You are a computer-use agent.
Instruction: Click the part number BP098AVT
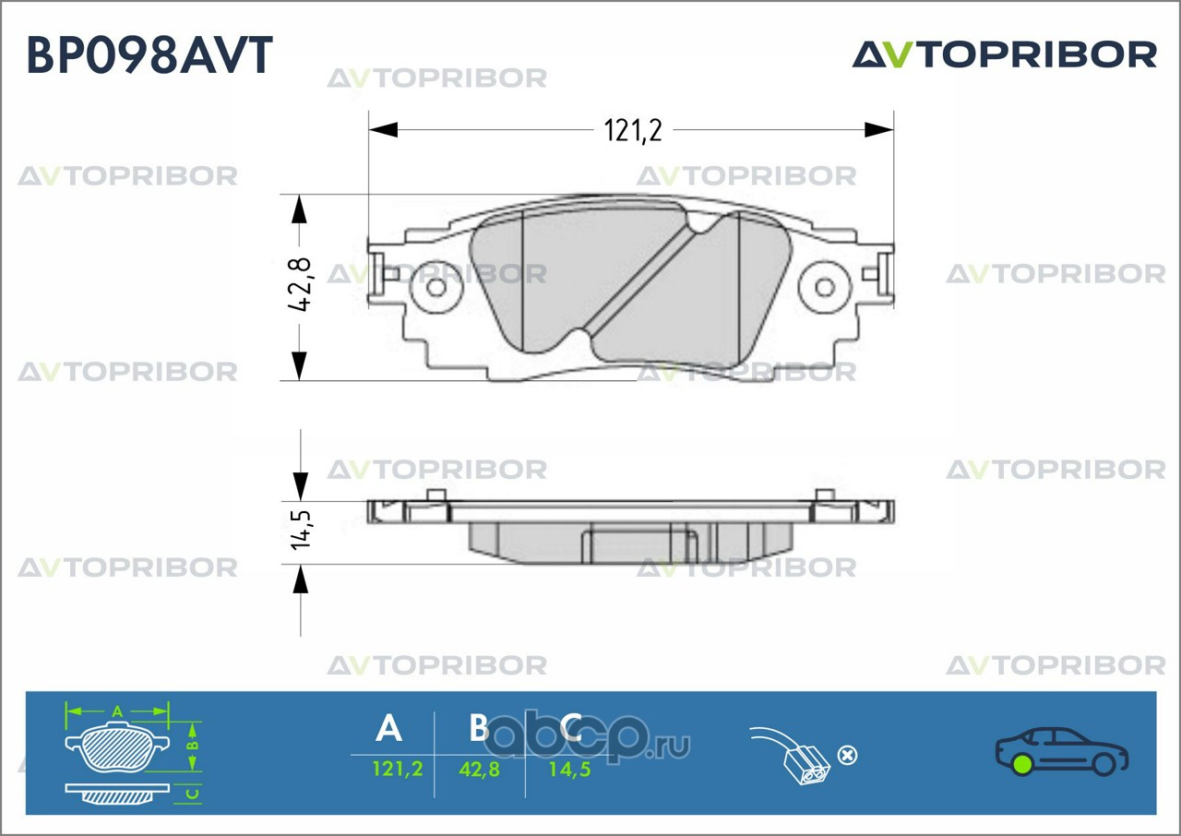[x=149, y=54]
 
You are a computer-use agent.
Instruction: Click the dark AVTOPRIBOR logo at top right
[x=1005, y=54]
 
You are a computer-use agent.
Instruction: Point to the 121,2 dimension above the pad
[x=632, y=131]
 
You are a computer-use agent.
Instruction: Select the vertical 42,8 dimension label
[x=301, y=284]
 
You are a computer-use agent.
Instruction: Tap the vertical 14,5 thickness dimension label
[x=302, y=530]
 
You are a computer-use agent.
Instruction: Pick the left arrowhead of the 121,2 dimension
[x=383, y=130]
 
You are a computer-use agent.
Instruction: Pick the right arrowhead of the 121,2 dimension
[x=879, y=130]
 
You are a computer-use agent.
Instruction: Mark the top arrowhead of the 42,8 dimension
[x=299, y=209]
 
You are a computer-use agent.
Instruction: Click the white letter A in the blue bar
[x=388, y=728]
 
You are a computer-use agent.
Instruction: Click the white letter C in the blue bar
[x=570, y=727]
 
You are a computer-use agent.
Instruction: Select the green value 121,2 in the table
[x=398, y=769]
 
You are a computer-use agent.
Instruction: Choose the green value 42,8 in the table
[x=479, y=769]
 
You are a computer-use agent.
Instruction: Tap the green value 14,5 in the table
[x=569, y=769]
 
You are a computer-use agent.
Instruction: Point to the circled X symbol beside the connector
[x=847, y=756]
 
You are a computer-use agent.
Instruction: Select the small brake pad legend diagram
[x=133, y=753]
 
